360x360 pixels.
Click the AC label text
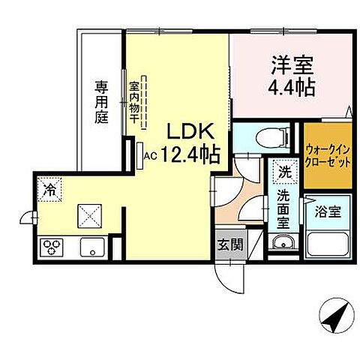(x=149, y=156)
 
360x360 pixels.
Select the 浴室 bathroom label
(x=327, y=211)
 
